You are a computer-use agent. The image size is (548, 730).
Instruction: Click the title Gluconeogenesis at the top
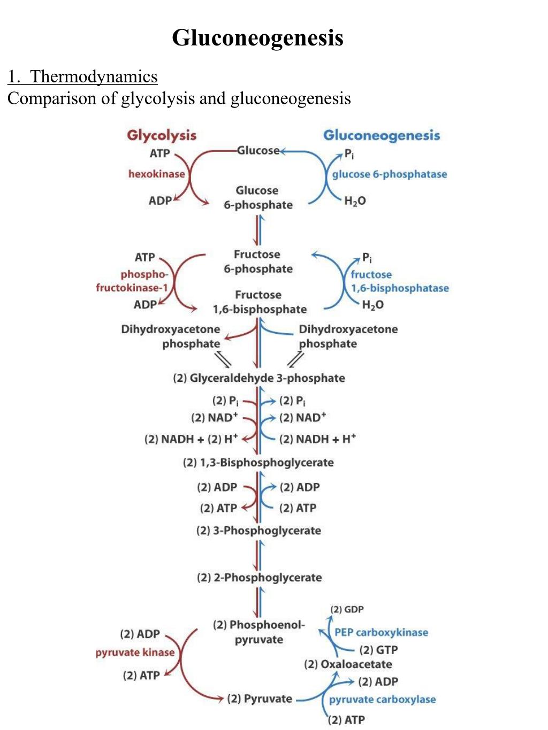[257, 38]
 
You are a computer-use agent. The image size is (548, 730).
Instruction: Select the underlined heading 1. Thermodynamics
[82, 76]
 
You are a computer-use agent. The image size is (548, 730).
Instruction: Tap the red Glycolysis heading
[162, 135]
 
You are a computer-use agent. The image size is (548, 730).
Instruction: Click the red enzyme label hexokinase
[156, 174]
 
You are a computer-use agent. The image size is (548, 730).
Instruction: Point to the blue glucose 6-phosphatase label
[389, 174]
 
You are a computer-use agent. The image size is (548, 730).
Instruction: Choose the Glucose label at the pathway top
[258, 150]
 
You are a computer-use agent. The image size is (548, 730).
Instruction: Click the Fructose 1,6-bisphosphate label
[259, 302]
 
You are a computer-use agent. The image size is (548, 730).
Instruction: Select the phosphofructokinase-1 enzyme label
[133, 281]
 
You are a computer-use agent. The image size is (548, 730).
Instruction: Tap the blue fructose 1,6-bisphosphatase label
[399, 281]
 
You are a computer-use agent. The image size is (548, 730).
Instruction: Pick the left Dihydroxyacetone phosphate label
[171, 336]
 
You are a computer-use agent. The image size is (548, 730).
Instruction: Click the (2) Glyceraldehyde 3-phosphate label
[258, 378]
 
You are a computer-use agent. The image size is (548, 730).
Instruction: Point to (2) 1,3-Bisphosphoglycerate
[258, 463]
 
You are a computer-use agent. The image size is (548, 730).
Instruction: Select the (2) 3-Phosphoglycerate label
[258, 531]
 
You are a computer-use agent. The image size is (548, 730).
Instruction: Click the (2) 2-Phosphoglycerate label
[259, 578]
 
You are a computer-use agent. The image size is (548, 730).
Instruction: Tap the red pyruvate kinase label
[135, 652]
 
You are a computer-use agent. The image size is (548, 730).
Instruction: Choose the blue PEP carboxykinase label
[381, 632]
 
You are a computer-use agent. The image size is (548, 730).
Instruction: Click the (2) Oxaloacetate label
[348, 664]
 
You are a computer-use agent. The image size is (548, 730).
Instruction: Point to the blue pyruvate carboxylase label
[382, 700]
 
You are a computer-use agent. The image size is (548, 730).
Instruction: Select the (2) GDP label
[347, 609]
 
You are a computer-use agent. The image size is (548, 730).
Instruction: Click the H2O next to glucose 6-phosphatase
[355, 201]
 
